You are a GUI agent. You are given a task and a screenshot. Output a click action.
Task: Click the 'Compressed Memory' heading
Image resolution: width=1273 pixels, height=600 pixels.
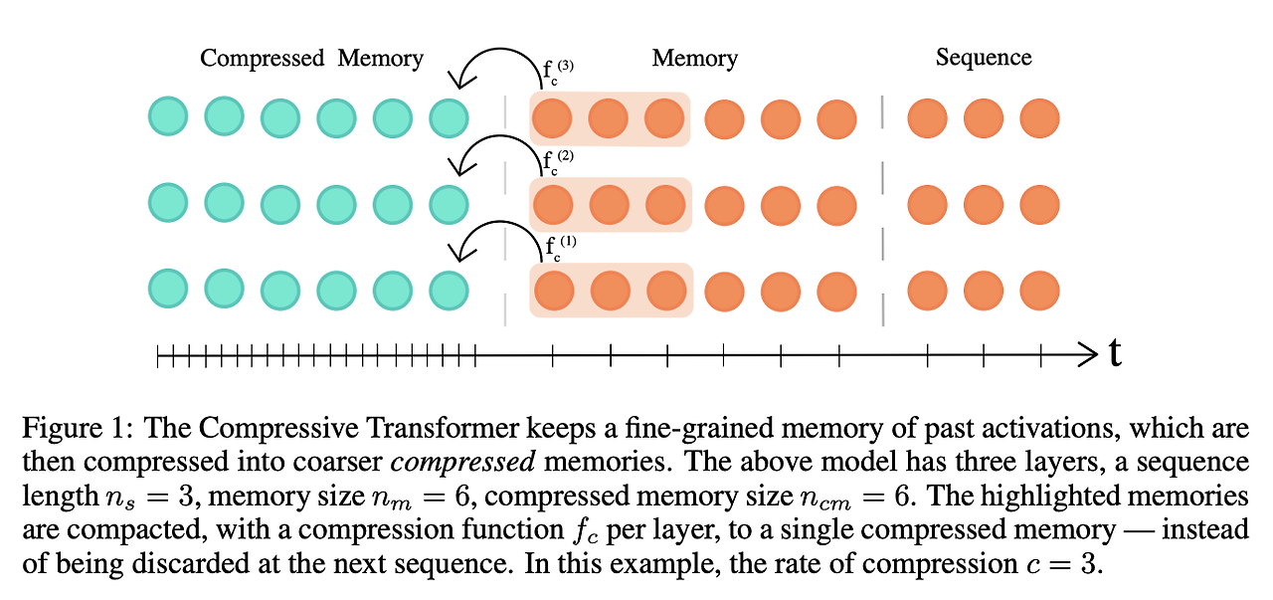point(311,58)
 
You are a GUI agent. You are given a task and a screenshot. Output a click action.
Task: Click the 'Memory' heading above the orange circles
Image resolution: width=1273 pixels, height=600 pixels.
point(694,58)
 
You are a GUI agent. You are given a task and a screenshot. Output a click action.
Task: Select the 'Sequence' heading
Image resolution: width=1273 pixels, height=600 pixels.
point(983,58)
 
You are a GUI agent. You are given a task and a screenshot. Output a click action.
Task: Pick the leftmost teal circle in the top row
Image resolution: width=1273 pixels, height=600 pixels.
point(168,118)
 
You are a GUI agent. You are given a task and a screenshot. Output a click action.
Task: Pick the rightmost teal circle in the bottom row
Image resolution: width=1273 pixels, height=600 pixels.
point(448,290)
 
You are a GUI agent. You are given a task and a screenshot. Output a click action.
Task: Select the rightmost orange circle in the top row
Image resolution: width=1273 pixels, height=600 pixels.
point(1040,118)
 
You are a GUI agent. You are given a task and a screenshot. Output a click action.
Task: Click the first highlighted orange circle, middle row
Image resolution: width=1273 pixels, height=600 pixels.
point(552,205)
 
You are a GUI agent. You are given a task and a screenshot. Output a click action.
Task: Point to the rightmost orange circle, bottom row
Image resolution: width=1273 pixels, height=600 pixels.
point(1040,290)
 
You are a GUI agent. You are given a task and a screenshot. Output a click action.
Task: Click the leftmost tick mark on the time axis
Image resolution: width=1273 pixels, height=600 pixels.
point(159,352)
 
